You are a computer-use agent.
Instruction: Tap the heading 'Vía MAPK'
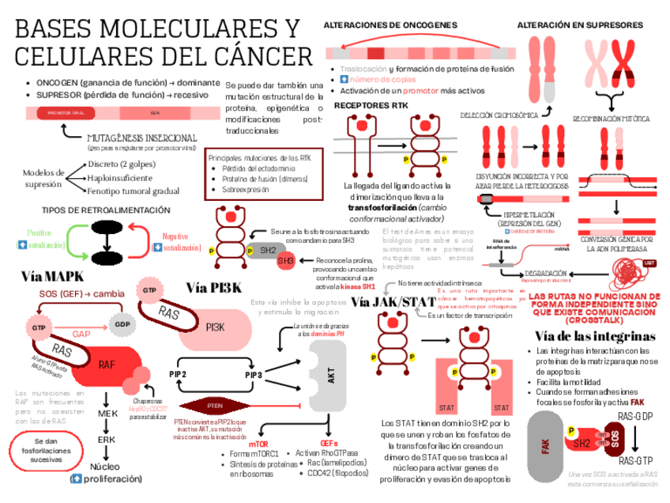(x=53, y=277)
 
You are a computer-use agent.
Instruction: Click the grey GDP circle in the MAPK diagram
(x=121, y=325)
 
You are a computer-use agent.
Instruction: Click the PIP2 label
(x=178, y=374)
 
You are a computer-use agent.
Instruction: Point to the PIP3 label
(x=254, y=374)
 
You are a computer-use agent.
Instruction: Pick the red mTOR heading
(x=259, y=444)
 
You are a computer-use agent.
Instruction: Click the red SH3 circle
(x=285, y=261)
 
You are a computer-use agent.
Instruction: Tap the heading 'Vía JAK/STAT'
(x=393, y=303)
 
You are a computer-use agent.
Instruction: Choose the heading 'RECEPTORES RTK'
(x=371, y=104)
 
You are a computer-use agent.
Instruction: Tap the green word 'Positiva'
(x=40, y=233)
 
